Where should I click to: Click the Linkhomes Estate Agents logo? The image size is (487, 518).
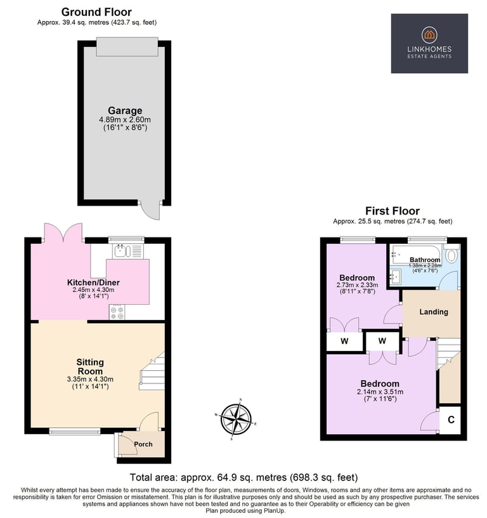point(429,43)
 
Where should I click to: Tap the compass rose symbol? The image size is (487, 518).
point(236,419)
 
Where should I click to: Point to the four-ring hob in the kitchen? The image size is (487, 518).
point(117,312)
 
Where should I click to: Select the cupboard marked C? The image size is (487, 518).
point(450,420)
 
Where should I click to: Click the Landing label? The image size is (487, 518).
point(434,312)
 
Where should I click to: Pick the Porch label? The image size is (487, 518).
point(143,444)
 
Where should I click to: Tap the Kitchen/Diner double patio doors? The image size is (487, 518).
point(63,233)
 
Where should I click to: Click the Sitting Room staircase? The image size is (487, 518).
point(152,371)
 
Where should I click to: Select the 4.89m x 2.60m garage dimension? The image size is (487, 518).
point(125,119)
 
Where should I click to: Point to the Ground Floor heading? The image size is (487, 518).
point(96,12)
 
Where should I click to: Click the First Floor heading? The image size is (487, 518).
point(393,211)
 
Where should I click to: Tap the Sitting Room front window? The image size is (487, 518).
point(75,431)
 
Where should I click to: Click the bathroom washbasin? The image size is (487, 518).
point(395,276)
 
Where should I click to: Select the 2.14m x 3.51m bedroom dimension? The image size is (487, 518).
point(380,392)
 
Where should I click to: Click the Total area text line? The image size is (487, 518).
point(243,477)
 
